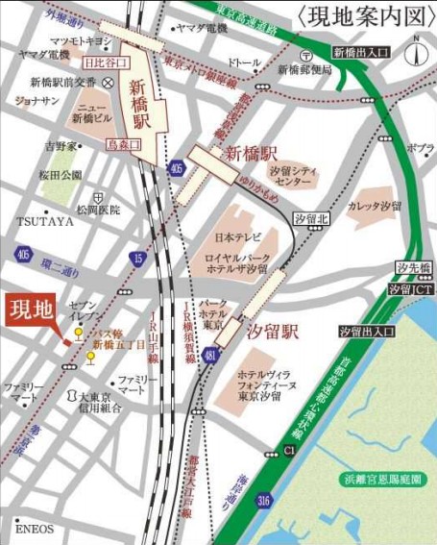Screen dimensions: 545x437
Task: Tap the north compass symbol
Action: click(416, 49)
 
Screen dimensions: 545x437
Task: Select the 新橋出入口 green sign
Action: click(361, 51)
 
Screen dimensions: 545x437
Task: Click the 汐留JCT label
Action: click(412, 287)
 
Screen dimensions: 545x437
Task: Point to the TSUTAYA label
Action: click(45, 221)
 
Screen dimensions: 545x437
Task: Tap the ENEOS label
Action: click(35, 528)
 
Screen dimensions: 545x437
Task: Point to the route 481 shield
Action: click(210, 356)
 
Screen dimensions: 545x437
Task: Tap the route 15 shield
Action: click(138, 258)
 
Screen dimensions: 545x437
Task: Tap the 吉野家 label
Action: click(61, 146)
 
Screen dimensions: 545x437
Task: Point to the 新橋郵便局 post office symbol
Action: click(304, 55)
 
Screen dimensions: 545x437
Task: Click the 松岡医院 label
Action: click(99, 210)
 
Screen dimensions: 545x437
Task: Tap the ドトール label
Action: click(244, 63)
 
